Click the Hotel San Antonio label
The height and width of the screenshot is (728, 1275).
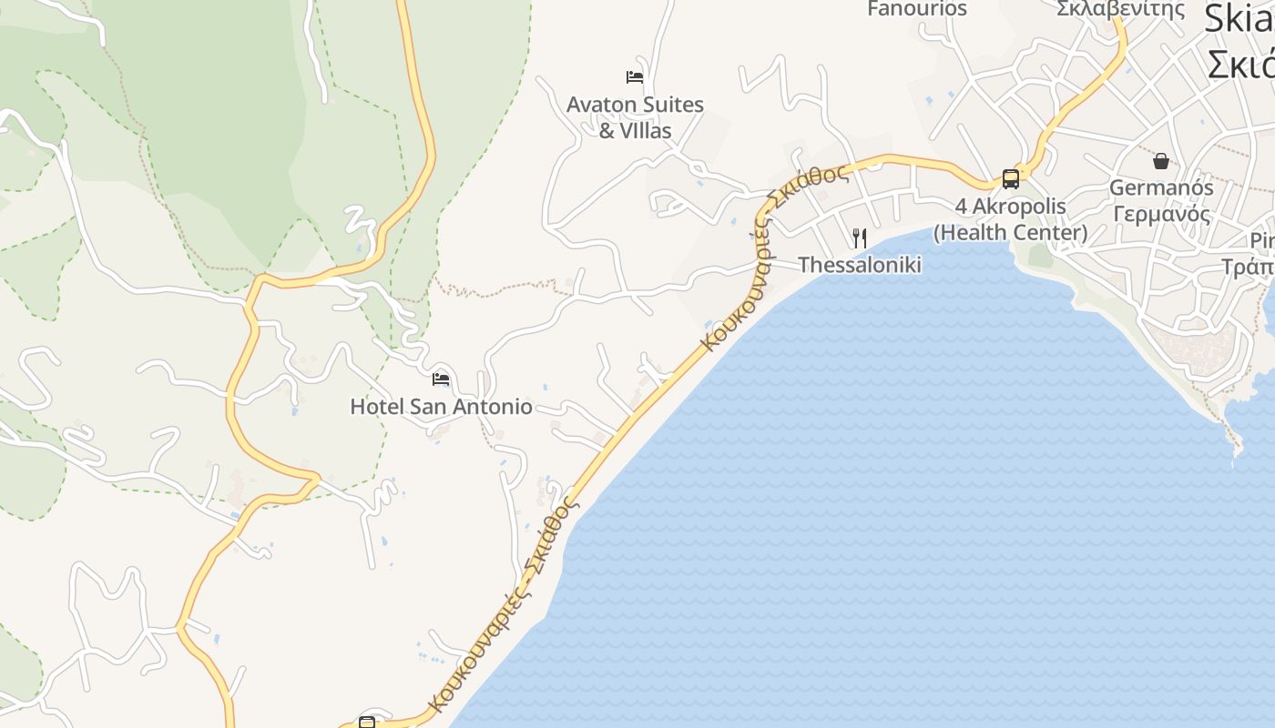click(441, 406)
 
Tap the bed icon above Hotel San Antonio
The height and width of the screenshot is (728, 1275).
click(441, 379)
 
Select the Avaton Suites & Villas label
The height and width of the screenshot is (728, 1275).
click(635, 117)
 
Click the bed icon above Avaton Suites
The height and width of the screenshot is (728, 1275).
click(635, 77)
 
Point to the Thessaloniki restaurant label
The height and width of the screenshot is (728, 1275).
click(860, 265)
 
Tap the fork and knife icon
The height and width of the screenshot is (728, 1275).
click(860, 238)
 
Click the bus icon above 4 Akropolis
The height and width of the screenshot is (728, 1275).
click(1011, 178)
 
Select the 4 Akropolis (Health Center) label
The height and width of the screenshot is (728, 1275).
click(1011, 219)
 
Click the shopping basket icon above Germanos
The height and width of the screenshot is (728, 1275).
click(1161, 161)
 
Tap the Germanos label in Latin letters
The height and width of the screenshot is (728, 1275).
click(1161, 187)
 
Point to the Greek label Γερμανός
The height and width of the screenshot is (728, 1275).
click(1161, 215)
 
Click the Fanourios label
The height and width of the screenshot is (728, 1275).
click(917, 9)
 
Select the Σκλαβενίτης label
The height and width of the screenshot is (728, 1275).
click(1121, 9)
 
